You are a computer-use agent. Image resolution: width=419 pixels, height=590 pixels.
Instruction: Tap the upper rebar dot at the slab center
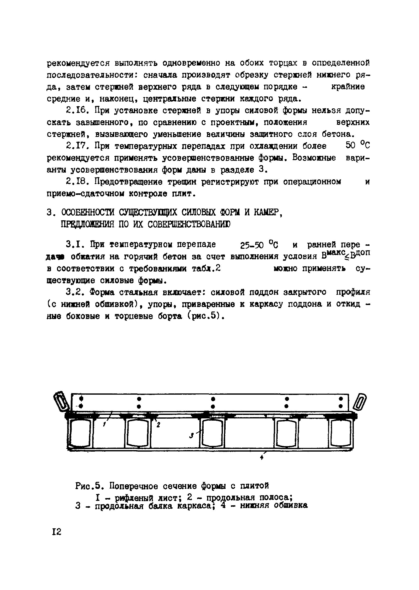click(x=213, y=399)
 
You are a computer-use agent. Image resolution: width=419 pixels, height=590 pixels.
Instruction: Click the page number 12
click(x=56, y=532)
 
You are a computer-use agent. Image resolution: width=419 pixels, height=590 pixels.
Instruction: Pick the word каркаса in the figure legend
click(x=196, y=506)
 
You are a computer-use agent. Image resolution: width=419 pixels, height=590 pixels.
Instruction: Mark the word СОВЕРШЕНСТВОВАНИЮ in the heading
click(x=189, y=225)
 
